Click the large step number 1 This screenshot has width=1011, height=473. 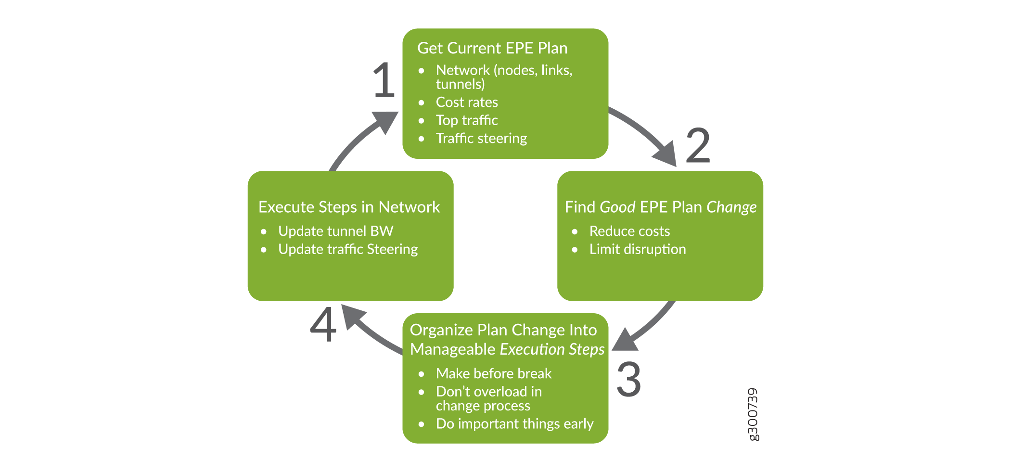click(x=384, y=80)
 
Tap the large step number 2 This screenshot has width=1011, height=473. click(x=698, y=145)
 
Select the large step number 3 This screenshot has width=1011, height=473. click(x=629, y=379)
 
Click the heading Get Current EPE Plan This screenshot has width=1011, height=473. click(x=492, y=48)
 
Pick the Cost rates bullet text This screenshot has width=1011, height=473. click(x=467, y=102)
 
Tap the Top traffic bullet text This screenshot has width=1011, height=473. click(x=467, y=120)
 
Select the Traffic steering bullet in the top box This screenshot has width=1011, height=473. click(x=481, y=139)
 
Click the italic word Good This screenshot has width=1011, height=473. click(x=617, y=207)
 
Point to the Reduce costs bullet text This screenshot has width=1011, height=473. click(x=629, y=231)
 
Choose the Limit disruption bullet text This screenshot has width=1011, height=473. click(x=638, y=249)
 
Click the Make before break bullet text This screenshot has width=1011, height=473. click(x=494, y=373)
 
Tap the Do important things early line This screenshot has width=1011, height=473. click(x=514, y=424)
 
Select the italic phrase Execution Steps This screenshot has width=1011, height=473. click(x=552, y=349)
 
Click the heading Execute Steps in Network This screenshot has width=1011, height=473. click(x=349, y=207)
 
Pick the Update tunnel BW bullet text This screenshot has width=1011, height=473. click(x=335, y=231)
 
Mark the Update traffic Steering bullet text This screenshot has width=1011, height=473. click(x=348, y=249)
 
